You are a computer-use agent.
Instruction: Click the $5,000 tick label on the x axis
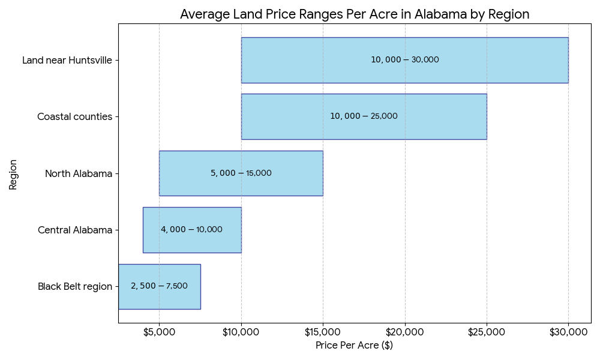[159, 332]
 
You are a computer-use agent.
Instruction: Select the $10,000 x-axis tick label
[241, 332]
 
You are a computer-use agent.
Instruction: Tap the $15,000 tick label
[323, 332]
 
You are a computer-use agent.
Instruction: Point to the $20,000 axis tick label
[405, 332]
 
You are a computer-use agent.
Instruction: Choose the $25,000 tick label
[487, 332]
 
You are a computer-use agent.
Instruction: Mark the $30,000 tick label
[568, 332]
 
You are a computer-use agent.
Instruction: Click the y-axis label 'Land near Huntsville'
[67, 60]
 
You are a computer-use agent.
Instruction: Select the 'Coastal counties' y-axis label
[74, 116]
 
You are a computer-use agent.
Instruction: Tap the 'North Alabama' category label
[79, 173]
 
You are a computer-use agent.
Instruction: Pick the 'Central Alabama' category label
[75, 230]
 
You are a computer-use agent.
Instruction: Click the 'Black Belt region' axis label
[75, 286]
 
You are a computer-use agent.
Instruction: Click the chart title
[355, 14]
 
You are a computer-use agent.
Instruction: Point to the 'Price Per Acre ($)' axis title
[354, 346]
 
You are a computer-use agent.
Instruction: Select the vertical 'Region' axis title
[13, 174]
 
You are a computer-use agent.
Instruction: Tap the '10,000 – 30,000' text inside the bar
[404, 60]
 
